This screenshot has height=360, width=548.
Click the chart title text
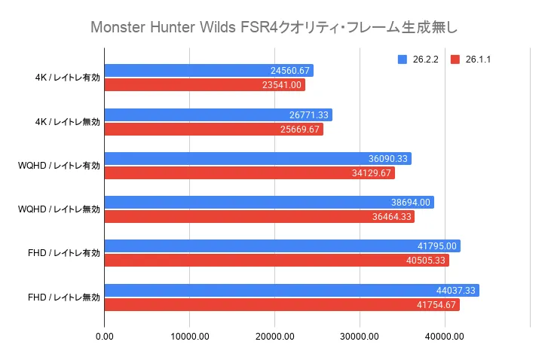(274, 28)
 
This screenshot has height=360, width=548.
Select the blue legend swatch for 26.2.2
(403, 59)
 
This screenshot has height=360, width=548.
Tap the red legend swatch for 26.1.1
(455, 59)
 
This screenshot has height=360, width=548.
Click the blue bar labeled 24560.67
(209, 71)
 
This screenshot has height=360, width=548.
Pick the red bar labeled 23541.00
(204, 85)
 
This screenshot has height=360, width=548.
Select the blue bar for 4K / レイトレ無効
(218, 114)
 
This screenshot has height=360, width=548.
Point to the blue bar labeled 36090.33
(258, 158)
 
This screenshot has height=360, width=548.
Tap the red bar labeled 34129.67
(250, 173)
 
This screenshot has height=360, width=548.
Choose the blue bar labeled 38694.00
(269, 203)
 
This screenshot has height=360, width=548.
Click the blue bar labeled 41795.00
(282, 246)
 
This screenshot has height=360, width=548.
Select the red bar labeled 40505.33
(277, 261)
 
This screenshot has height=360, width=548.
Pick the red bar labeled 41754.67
(282, 305)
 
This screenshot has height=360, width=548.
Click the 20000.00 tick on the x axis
(274, 336)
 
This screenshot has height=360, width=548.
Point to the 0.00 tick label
(104, 336)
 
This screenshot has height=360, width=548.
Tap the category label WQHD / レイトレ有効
(59, 166)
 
